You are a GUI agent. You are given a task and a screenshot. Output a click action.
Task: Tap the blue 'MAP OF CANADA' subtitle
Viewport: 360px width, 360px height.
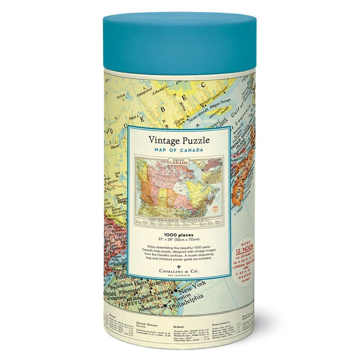coord(179,149)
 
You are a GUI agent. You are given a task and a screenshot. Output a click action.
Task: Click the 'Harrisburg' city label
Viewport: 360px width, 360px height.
coord(150,306)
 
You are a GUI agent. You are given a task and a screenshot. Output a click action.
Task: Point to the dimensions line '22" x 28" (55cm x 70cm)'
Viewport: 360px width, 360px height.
coord(179,239)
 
